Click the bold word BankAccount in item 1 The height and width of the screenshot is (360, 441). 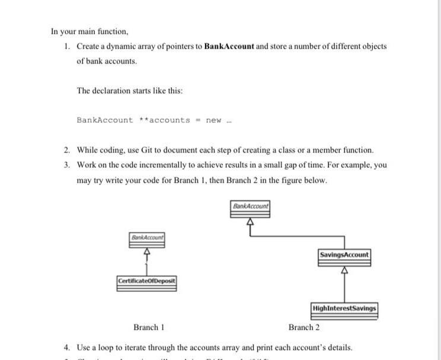tap(229, 46)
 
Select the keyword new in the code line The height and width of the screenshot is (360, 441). tap(213, 120)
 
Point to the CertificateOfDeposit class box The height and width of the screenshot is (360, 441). tap(147, 280)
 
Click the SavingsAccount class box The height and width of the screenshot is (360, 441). tap(344, 255)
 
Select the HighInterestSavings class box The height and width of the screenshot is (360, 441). tap(344, 308)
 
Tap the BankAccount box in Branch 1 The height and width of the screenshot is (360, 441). tap(148, 237)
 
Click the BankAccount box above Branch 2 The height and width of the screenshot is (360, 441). tap(250, 206)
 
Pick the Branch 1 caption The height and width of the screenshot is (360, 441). tap(148, 327)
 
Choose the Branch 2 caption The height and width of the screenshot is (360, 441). tap(304, 327)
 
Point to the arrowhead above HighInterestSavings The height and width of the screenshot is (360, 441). tap(344, 271)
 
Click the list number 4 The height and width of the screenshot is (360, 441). tap(67, 347)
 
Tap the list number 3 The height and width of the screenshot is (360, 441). tap(67, 165)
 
